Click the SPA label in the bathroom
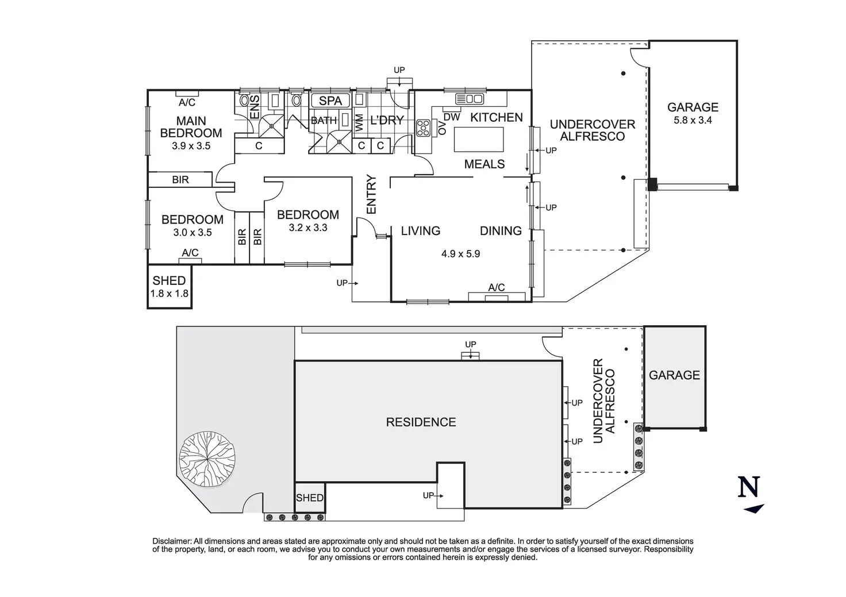pos(330,101)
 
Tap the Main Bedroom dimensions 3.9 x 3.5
pos(191,146)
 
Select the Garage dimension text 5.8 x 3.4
pos(693,121)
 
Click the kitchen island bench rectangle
pos(479,139)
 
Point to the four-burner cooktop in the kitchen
pos(423,128)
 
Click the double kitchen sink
pos(469,99)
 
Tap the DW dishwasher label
pos(452,117)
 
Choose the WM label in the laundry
pos(359,123)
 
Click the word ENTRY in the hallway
pos(372,194)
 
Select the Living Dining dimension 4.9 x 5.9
pos(460,254)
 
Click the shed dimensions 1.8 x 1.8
pos(169,294)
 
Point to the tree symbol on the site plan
pos(207,459)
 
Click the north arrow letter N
pos(748,487)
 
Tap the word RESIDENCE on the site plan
pos(421,422)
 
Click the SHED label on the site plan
pos(310,498)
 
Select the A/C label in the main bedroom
pos(187,102)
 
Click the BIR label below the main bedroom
pos(180,180)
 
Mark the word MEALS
pos(484,164)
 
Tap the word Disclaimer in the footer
pos(172,541)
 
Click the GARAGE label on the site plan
pos(674,375)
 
